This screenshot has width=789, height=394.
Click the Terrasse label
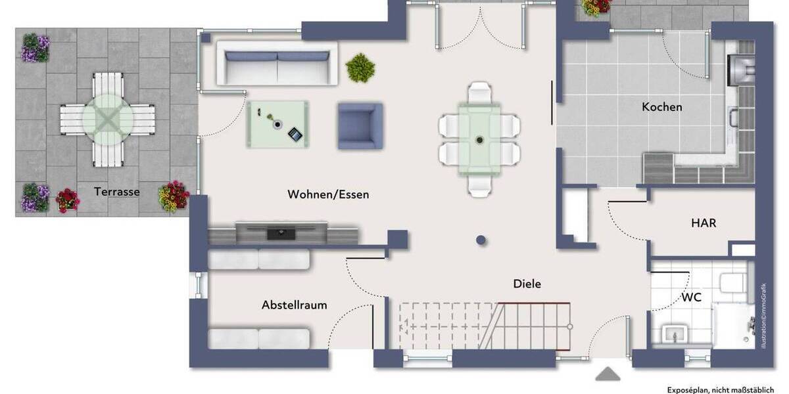tap(117, 192)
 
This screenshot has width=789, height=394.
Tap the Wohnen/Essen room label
tap(328, 194)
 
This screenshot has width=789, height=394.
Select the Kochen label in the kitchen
tap(662, 107)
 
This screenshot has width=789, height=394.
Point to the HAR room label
tap(703, 223)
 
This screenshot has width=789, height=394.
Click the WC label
tap(691, 297)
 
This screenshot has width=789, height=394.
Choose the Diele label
tap(527, 284)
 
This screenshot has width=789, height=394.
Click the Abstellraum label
tap(294, 305)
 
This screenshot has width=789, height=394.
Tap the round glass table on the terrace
tap(107, 119)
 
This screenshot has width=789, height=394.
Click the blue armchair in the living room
tap(360, 125)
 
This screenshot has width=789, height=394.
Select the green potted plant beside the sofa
tap(360, 67)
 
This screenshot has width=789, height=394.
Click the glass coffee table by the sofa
tap(277, 123)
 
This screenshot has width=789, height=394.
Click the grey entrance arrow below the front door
tap(608, 374)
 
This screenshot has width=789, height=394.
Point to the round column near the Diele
tap(481, 240)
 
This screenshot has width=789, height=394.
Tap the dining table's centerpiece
tap(479, 139)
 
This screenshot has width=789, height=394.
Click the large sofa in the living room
tap(277, 63)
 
